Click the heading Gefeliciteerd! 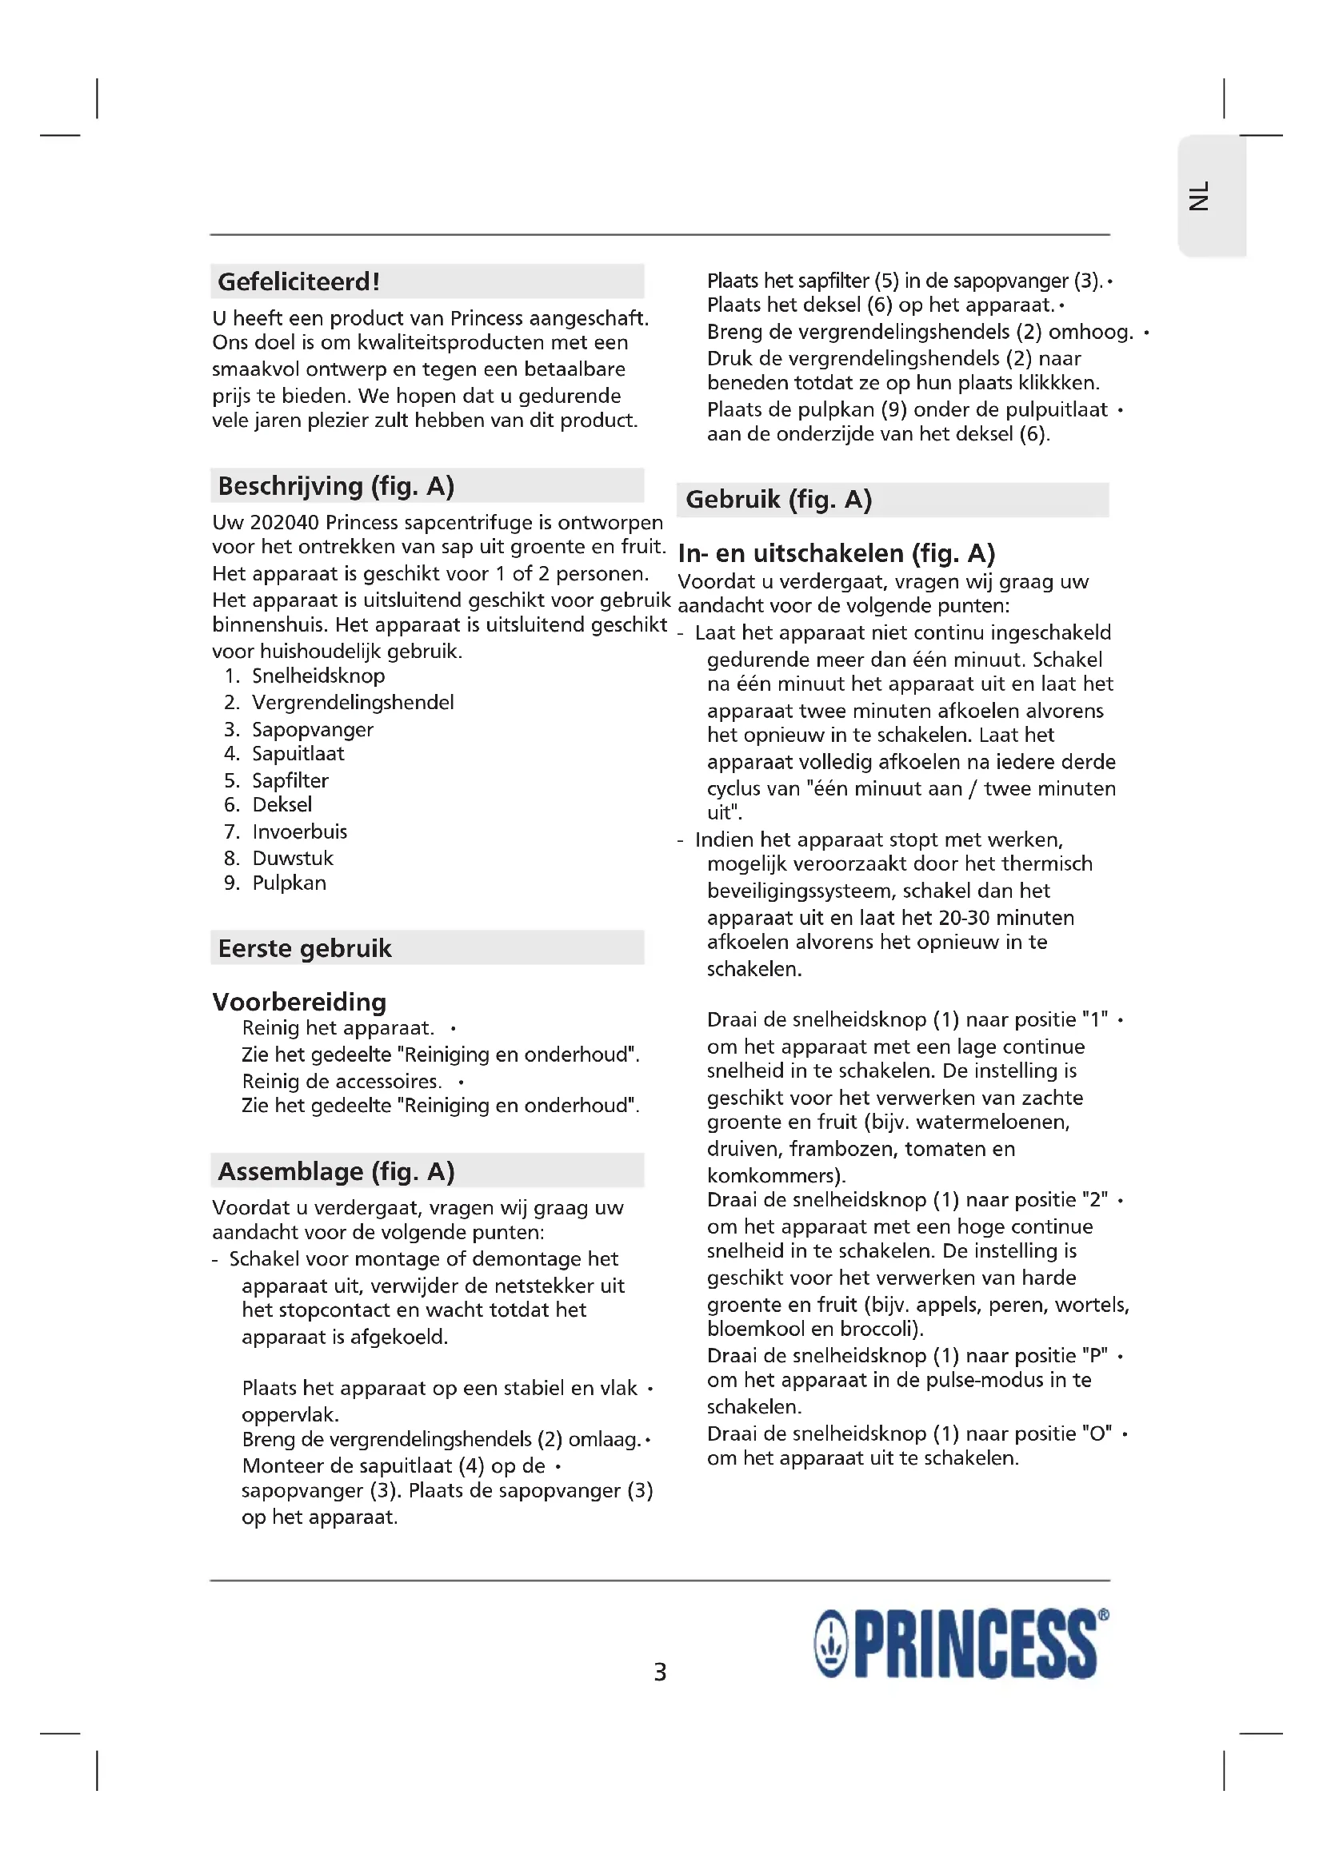298,281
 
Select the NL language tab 1199,197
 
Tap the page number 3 660,1672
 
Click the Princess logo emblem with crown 831,1645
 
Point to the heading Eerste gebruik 305,948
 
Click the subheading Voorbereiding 299,1001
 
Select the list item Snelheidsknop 318,676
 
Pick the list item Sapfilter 290,780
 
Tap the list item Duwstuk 293,858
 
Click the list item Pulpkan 289,883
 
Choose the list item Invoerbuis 299,831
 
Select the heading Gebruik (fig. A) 778,499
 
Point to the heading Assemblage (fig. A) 336,1171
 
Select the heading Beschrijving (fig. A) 336,486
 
